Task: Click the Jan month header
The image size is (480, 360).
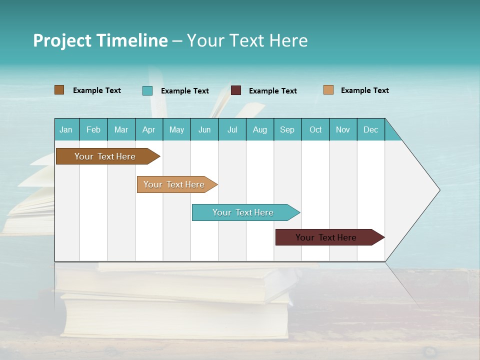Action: coord(66,129)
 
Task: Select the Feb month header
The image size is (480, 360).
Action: coord(93,129)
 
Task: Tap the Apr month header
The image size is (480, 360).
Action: coord(149,129)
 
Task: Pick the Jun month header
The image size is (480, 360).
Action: coord(204,129)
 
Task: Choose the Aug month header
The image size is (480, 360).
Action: coord(260,129)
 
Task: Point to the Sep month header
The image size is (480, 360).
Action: coord(287,129)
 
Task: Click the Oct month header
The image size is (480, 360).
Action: coord(315,129)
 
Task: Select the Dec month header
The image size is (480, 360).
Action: coord(371,129)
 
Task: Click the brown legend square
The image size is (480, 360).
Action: coord(59,90)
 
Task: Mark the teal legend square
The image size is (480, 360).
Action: coord(147,90)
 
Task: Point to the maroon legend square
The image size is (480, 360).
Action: coord(236,90)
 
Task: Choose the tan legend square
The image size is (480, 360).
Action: coord(328,90)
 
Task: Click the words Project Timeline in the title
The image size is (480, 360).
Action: coord(100,40)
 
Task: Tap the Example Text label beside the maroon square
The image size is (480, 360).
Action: coord(273,91)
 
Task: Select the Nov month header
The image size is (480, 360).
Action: coord(343,129)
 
